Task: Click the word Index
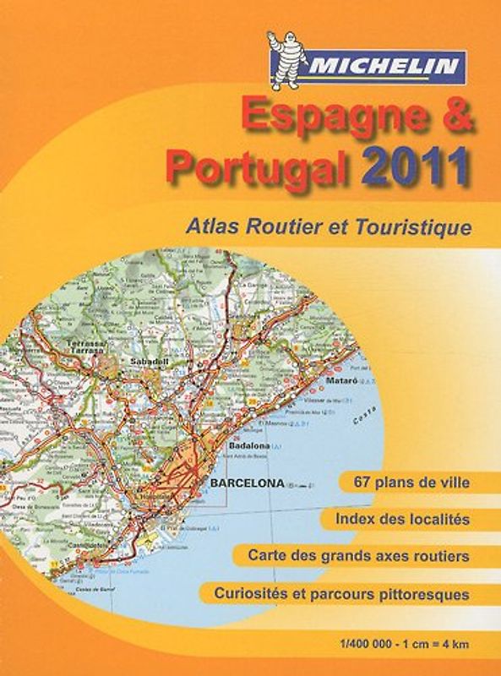pyautogui.click(x=356, y=519)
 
